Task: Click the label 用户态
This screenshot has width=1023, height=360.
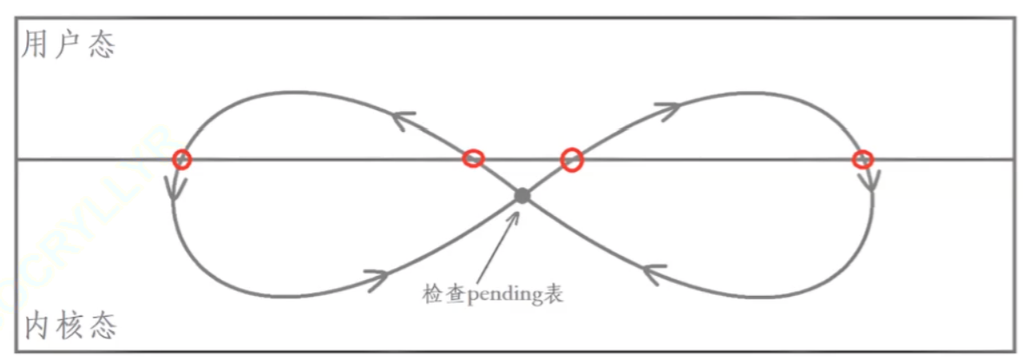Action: click(x=68, y=44)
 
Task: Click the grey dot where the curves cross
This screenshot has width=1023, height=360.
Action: click(x=521, y=196)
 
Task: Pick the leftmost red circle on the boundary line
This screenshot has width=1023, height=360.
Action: click(x=181, y=159)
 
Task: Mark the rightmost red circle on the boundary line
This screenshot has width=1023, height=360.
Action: click(x=862, y=159)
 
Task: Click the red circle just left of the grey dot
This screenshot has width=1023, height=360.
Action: click(x=473, y=158)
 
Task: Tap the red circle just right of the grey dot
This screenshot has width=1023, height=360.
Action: click(x=571, y=159)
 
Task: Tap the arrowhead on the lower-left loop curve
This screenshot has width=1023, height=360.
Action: click(x=375, y=278)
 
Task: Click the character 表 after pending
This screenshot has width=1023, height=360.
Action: click(x=554, y=294)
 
